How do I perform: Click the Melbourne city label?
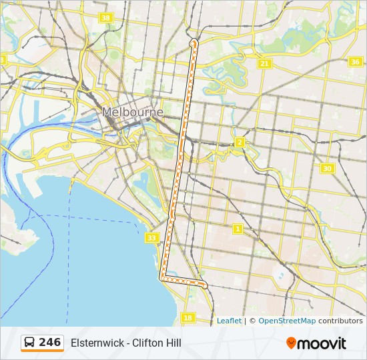pyautogui.click(x=132, y=113)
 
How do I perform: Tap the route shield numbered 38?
pyautogui.click(x=105, y=18)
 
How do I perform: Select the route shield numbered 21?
pyautogui.click(x=265, y=64)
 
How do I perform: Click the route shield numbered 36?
pyautogui.click(x=355, y=62)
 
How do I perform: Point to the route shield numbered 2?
pyautogui.click(x=240, y=143)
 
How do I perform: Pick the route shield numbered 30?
pyautogui.click(x=326, y=169)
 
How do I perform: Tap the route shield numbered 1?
pyautogui.click(x=237, y=229)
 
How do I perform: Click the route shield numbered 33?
pyautogui.click(x=152, y=238)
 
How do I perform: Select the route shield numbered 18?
pyautogui.click(x=188, y=318)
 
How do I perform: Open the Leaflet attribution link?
pyautogui.click(x=229, y=321)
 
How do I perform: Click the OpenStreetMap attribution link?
pyautogui.click(x=287, y=321)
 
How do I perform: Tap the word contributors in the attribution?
pyautogui.click(x=340, y=321)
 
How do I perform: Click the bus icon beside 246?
pyautogui.click(x=30, y=343)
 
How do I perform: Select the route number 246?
pyautogui.click(x=50, y=343)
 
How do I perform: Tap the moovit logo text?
pyautogui.click(x=322, y=343)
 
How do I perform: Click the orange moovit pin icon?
pyautogui.click(x=291, y=343)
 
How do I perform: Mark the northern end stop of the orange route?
pyautogui.click(x=194, y=42)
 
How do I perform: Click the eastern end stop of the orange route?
pyautogui.click(x=205, y=285)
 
